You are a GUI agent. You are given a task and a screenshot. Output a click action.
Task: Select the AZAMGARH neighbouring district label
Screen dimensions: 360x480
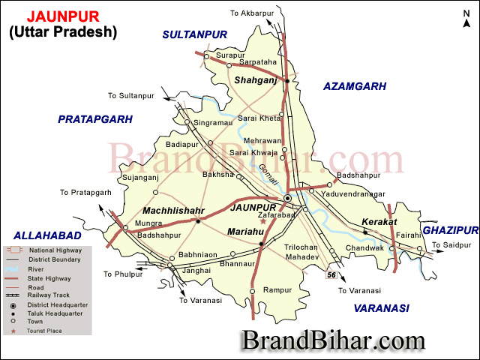coord(355,86)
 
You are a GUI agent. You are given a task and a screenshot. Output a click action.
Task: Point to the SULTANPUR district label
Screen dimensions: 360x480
coord(194,34)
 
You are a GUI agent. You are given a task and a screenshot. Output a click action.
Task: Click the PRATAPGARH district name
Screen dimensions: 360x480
coord(95,118)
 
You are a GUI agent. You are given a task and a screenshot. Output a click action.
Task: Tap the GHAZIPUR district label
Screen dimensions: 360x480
coord(450,229)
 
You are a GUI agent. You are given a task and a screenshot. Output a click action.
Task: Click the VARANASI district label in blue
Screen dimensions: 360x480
coord(381,307)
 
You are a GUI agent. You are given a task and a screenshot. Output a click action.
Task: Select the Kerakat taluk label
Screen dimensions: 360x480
coord(377,223)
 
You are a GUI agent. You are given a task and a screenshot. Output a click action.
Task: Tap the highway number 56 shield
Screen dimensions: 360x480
coord(331,276)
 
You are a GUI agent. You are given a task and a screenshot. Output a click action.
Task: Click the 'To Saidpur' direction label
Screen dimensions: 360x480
coord(454,244)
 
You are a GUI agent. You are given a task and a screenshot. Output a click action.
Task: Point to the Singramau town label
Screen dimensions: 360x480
coord(210,122)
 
